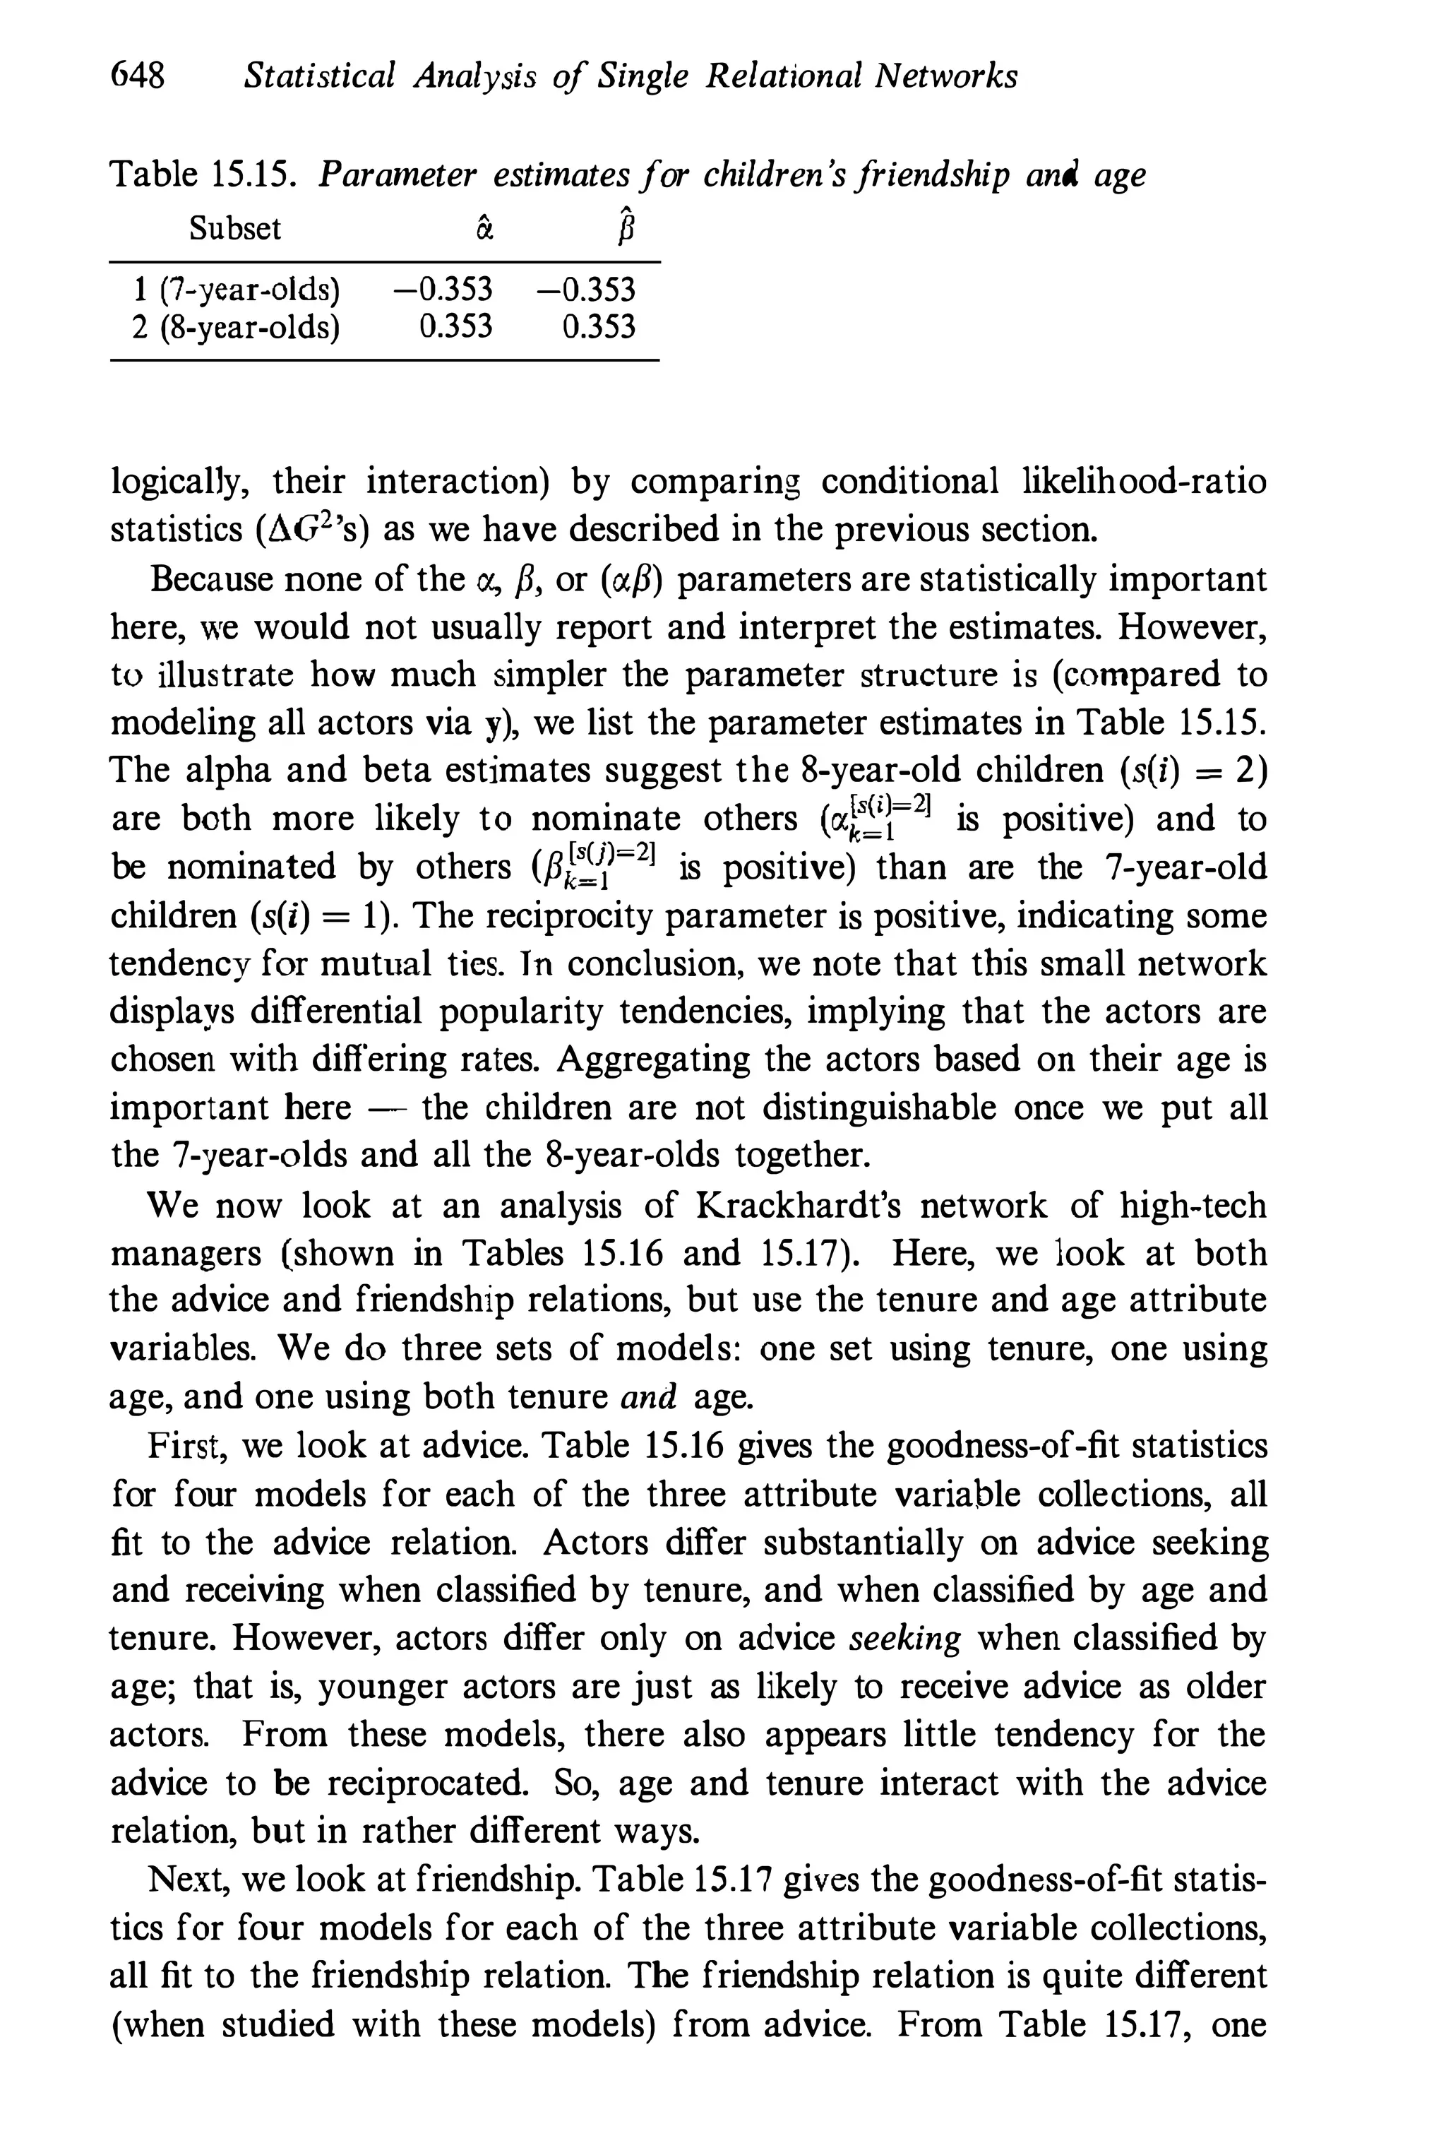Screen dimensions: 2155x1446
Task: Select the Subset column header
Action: click(x=235, y=229)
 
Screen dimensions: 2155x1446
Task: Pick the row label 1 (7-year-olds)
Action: click(x=236, y=290)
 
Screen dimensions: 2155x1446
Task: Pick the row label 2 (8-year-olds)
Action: click(x=236, y=326)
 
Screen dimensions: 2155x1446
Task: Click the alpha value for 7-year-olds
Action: click(x=443, y=290)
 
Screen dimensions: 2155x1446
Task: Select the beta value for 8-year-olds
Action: click(x=599, y=326)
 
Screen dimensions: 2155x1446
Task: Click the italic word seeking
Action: click(x=904, y=1639)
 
